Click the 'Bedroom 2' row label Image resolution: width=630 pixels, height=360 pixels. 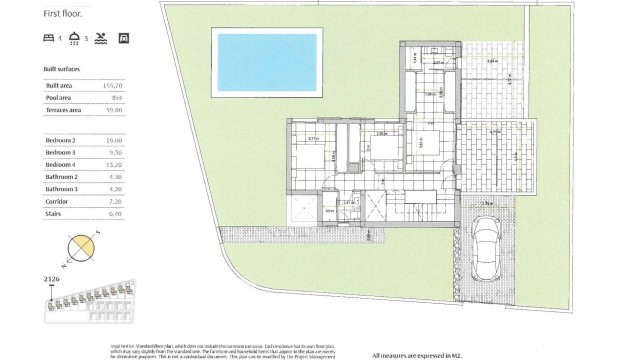tap(63, 140)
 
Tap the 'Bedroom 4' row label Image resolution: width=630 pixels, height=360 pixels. tap(63, 163)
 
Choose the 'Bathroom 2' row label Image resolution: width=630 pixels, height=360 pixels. tap(64, 175)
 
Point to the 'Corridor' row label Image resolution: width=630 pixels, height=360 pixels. tap(60, 199)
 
